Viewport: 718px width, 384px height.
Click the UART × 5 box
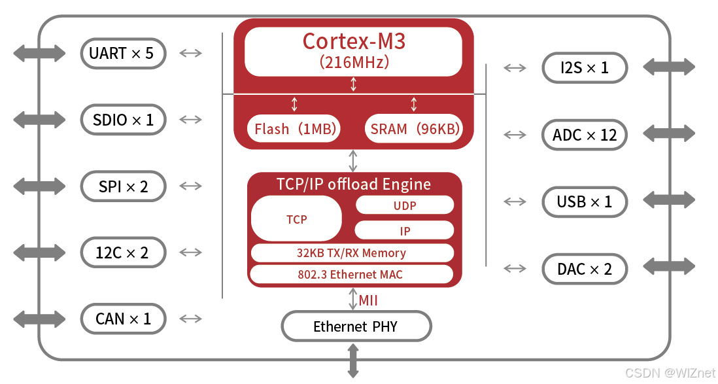tap(123, 54)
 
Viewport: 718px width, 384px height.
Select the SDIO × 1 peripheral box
tap(123, 120)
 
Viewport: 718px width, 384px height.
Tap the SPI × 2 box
tap(123, 186)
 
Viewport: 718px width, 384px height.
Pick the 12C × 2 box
tap(123, 253)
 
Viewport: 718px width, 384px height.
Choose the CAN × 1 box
tap(123, 319)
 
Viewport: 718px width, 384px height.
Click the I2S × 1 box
tap(584, 67)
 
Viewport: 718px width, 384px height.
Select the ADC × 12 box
tap(584, 135)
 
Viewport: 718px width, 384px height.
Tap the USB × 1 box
tap(584, 202)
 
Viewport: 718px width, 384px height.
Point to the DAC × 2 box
tap(584, 269)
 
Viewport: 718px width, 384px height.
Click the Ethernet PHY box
tap(356, 326)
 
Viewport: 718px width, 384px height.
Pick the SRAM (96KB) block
tap(413, 129)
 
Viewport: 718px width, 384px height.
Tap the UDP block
tap(404, 205)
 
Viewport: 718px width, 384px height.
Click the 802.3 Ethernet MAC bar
tap(351, 275)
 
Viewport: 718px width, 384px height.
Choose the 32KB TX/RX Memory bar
tap(351, 253)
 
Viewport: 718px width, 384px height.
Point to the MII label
tap(368, 301)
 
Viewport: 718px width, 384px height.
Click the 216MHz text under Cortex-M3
tap(354, 63)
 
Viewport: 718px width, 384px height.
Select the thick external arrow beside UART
tap(39, 54)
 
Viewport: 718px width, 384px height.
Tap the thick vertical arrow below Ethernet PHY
tap(353, 360)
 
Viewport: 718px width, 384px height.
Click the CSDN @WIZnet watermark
tap(669, 373)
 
